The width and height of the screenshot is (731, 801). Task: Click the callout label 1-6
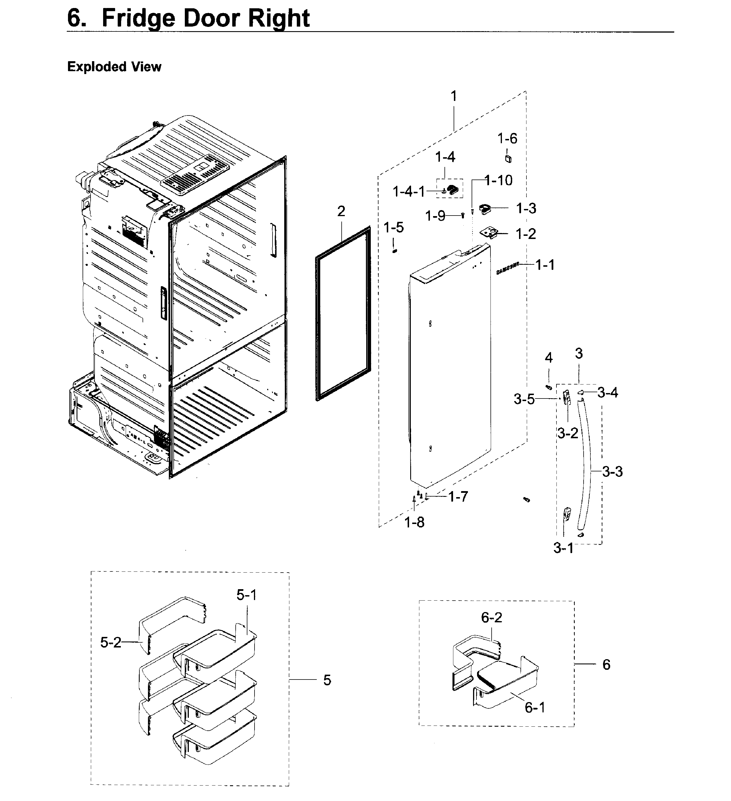(507, 139)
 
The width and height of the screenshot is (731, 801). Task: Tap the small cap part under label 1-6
(508, 159)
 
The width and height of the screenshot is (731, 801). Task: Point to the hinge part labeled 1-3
(485, 208)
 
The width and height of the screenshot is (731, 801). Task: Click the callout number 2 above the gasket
(341, 211)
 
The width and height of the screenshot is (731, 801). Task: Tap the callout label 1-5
(393, 228)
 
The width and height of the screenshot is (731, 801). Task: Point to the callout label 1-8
(414, 523)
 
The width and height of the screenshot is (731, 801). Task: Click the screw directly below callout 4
(549, 387)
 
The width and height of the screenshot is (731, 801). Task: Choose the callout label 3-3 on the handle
(612, 472)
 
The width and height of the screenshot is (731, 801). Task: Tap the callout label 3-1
(563, 548)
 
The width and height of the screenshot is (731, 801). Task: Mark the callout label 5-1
(247, 595)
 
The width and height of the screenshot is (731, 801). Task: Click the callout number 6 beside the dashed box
(606, 664)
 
